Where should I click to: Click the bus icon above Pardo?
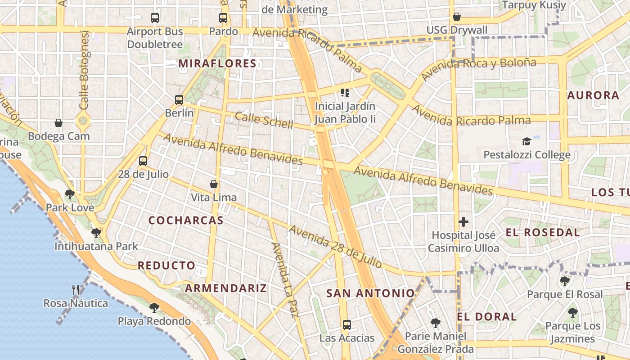tap(223, 18)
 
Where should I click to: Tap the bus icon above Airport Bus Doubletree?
tap(155, 18)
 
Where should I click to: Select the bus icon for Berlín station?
tap(179, 100)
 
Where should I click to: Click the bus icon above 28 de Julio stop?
tap(143, 161)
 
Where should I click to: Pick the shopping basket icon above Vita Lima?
tap(214, 184)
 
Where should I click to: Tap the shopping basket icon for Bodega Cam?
tap(58, 123)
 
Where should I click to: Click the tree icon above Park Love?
tap(70, 194)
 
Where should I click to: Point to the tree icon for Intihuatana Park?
tap(96, 233)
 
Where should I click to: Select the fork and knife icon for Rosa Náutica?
tap(76, 289)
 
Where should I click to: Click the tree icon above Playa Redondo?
tap(154, 308)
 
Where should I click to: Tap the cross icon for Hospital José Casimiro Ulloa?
tap(463, 222)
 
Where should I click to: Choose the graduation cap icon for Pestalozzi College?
tap(526, 142)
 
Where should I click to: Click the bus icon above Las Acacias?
tap(346, 324)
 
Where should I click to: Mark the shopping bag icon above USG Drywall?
tap(457, 17)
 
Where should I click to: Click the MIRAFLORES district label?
tap(217, 63)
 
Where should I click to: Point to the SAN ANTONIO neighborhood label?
tap(370, 293)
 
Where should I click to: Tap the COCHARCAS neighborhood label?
tap(186, 220)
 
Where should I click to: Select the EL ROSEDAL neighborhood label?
tap(543, 233)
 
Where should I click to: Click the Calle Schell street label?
tap(264, 120)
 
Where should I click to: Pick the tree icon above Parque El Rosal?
tap(565, 281)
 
